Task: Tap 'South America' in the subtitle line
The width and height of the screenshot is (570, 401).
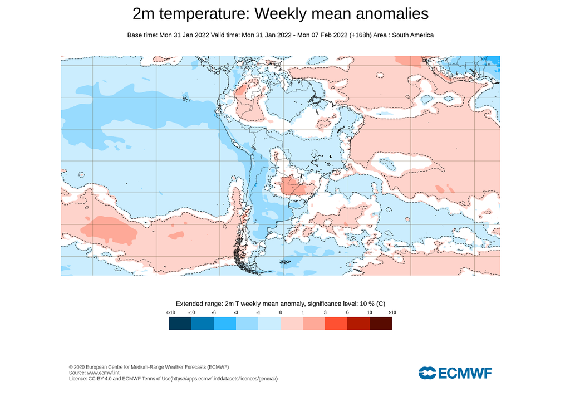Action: tap(412, 35)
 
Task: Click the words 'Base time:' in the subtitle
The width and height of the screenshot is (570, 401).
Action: tap(142, 35)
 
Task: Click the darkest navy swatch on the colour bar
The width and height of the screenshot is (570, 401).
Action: tap(180, 323)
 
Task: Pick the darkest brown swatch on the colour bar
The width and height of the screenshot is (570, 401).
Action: tap(380, 323)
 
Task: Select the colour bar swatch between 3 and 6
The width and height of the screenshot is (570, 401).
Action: tap(336, 323)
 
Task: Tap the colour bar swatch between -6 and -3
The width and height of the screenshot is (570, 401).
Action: tap(225, 323)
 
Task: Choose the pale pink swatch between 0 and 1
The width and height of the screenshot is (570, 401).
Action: tap(291, 323)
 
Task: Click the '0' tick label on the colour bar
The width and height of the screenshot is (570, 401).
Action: tap(281, 313)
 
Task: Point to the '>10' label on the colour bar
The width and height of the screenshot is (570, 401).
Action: tap(391, 313)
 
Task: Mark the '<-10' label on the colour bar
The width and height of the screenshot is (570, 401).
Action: tap(169, 313)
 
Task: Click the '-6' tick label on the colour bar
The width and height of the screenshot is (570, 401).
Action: tap(214, 313)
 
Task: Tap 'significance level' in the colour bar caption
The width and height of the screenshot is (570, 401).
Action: tap(325, 304)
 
